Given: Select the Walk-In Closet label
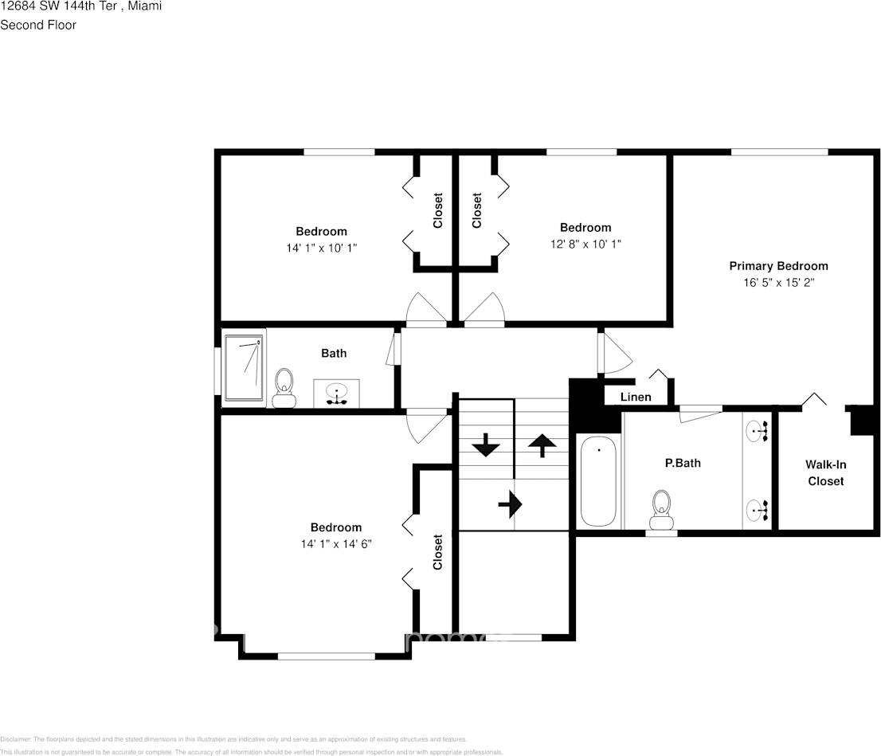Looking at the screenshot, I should pos(825,472).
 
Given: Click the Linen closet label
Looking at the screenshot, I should pos(636,397).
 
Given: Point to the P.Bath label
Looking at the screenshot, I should pos(683,462).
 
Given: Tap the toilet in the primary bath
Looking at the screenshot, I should pos(661,509).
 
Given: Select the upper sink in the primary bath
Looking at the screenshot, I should pos(758,431).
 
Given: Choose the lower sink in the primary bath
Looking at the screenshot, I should pos(758,509).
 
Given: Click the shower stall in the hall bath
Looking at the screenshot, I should pos(244,367).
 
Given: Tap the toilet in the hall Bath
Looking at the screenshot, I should pos(283,388).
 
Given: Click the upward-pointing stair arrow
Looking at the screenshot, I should pos(542,445).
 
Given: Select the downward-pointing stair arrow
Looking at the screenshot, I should pos(485,445).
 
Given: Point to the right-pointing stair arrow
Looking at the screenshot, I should pos(510,503).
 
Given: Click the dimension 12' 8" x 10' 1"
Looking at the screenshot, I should pos(585,244).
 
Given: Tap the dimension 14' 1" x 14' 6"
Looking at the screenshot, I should pos(335,544).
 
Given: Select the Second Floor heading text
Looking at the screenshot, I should pos(38,25).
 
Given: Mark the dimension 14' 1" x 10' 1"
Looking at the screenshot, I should pos(321,248).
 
